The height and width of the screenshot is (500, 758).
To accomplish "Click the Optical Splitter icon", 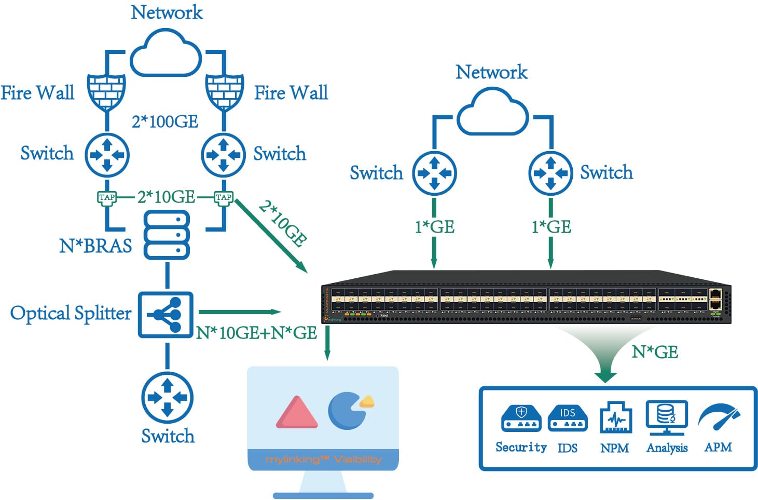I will (x=166, y=315).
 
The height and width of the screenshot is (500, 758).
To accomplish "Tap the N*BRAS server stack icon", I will (x=166, y=235).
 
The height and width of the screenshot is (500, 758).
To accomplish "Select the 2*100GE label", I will (x=165, y=121).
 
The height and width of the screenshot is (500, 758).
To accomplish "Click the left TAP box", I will (x=107, y=198).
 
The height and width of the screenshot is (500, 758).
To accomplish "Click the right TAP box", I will (x=224, y=198).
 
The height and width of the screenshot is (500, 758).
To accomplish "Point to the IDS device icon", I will (x=567, y=418).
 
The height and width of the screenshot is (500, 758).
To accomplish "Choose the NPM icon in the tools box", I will (x=615, y=418).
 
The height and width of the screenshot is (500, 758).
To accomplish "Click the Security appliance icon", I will (x=521, y=418).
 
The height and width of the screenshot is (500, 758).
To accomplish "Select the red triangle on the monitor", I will (x=296, y=413).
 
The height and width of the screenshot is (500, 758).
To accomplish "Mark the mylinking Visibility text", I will (x=323, y=460).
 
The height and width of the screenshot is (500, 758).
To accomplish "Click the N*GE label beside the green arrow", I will (x=655, y=352).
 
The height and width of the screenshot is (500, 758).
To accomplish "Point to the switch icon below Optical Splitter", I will (x=167, y=398).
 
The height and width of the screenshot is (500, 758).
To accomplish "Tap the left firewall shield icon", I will (x=106, y=91).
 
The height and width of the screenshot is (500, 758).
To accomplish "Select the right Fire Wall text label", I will (x=291, y=93).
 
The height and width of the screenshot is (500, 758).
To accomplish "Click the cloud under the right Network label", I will (x=492, y=112).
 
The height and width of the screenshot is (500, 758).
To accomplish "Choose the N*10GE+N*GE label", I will (x=256, y=333).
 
